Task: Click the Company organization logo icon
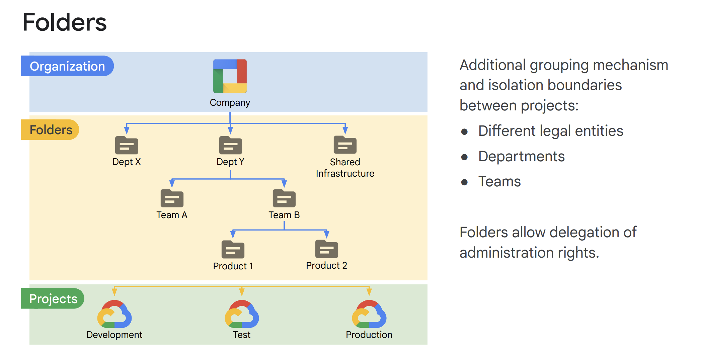[x=230, y=76]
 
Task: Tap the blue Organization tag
[x=67, y=66]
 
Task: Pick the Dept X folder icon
[x=127, y=145]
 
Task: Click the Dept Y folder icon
[x=230, y=145]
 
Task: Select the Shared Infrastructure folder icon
[x=345, y=145]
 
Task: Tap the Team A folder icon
[x=172, y=198]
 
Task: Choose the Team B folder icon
[x=284, y=198]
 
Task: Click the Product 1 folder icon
[x=233, y=250]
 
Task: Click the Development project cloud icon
[x=114, y=314]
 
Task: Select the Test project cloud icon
[x=242, y=314]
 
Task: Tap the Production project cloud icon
[x=369, y=314]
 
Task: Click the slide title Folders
[x=65, y=22]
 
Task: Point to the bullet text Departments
[x=521, y=156]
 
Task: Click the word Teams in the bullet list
[x=499, y=181]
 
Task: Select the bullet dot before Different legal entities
[x=464, y=131]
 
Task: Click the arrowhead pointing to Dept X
[x=127, y=130]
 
